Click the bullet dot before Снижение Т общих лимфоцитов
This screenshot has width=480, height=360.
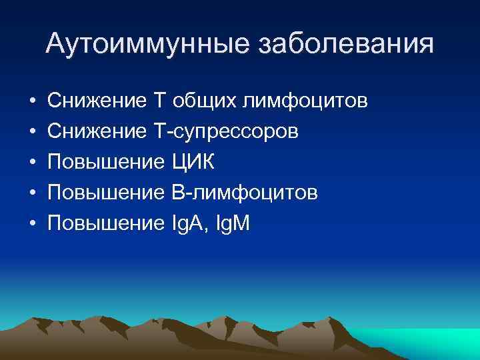point(32,102)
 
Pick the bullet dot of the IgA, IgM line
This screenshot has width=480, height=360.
point(32,223)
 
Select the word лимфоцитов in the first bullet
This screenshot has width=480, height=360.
point(305,102)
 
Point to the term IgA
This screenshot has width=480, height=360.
point(189,223)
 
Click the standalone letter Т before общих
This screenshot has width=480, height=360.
point(159,102)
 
